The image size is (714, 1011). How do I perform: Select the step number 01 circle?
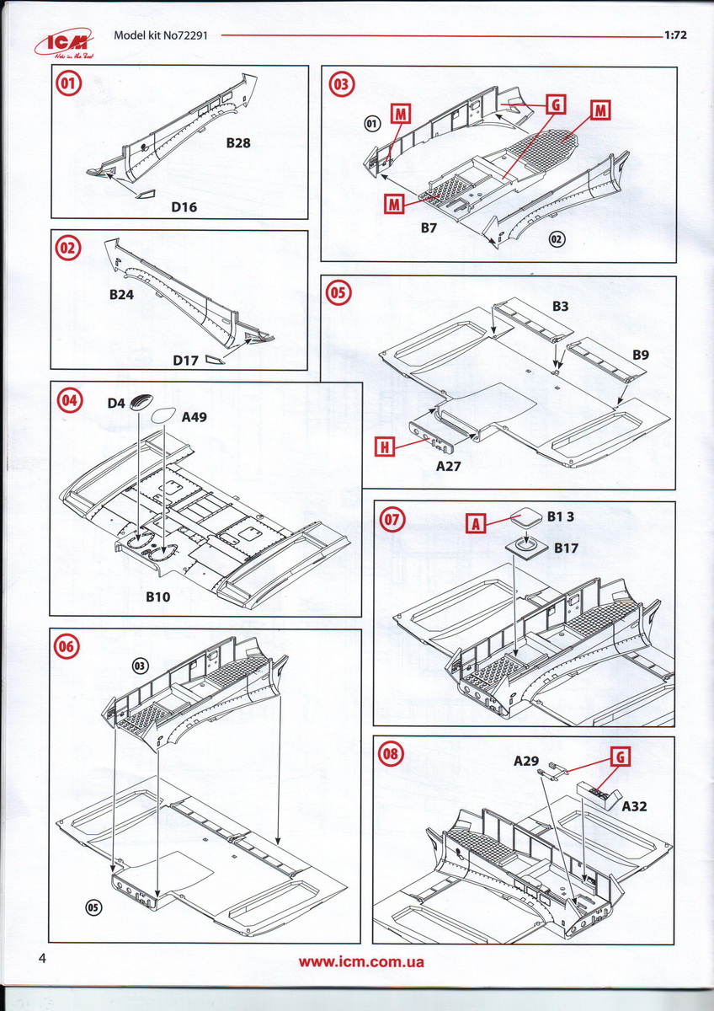tap(69, 84)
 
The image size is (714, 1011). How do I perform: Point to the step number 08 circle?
tap(390, 754)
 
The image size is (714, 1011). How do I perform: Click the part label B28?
tap(237, 143)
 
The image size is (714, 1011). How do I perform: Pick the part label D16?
tap(184, 206)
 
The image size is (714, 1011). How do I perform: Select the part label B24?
tap(123, 296)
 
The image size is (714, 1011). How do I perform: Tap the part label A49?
tap(195, 415)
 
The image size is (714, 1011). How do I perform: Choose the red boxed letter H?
tap(384, 447)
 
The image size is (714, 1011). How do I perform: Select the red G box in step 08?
tap(620, 757)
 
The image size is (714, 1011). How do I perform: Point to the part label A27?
tap(449, 463)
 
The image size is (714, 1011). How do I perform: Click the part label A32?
tap(637, 805)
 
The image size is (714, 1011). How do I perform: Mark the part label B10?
tap(158, 596)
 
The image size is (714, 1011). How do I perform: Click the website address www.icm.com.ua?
tap(361, 961)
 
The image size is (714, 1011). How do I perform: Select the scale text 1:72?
tap(675, 36)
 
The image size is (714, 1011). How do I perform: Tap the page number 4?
tap(41, 959)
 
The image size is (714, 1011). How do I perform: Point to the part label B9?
tap(641, 356)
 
